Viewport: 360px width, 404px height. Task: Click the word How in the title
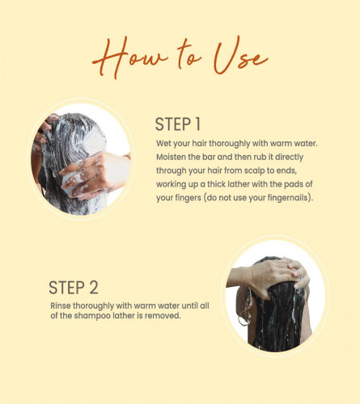130,57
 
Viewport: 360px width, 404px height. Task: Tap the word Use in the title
240,56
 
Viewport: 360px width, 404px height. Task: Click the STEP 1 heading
178,124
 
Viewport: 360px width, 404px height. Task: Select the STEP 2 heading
74,288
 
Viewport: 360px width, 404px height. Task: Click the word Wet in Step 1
163,143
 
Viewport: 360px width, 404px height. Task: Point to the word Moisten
171,157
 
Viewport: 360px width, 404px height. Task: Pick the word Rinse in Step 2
61,306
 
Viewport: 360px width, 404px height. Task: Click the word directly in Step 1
289,158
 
